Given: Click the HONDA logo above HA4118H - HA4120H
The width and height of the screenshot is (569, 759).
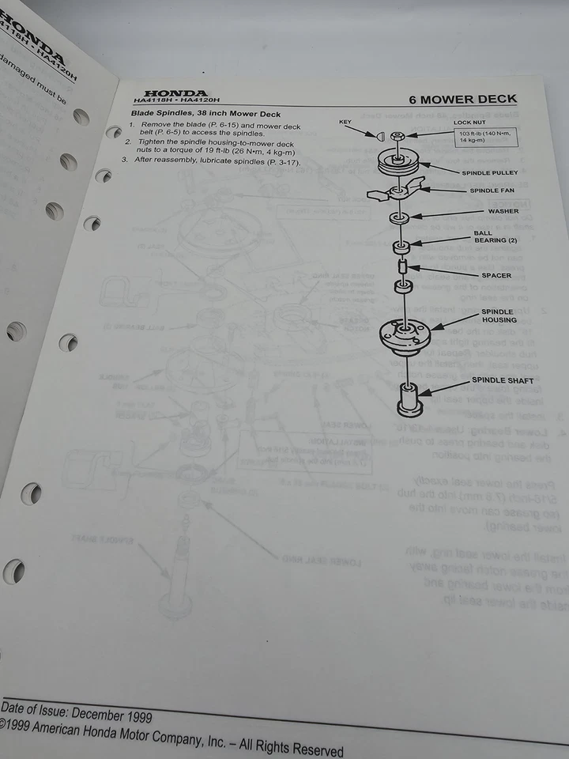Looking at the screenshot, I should tap(175, 93).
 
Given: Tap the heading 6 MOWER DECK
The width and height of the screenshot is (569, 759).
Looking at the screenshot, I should tap(462, 100).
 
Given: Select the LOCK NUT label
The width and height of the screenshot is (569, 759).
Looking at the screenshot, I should tap(469, 123).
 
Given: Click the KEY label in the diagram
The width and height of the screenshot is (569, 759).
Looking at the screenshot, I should tap(345, 122).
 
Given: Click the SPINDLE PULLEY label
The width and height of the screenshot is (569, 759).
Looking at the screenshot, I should tap(494, 172).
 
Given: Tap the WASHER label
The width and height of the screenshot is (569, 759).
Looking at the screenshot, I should tap(503, 211).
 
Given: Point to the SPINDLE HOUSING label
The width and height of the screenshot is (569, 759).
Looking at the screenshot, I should tap(499, 315).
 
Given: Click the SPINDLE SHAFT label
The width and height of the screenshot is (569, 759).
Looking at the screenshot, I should tap(503, 381).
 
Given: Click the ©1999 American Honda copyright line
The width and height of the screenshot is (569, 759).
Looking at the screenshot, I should tap(170, 737).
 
